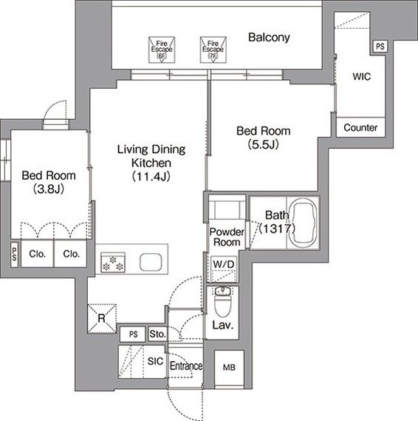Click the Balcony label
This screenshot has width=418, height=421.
[269, 37]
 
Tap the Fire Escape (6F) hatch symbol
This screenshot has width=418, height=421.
[162, 50]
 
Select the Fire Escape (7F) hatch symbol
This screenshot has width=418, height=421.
[213, 50]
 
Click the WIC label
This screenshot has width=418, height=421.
[361, 76]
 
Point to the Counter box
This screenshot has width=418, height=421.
[360, 127]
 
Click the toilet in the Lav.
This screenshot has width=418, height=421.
[222, 302]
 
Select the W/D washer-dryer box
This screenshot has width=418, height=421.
[224, 269]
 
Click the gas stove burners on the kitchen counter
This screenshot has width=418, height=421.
[113, 263]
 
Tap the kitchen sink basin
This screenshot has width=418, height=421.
[151, 262]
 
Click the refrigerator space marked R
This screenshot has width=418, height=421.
[102, 319]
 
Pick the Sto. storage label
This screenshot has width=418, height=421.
[157, 334]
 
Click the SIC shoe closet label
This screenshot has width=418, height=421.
[155, 361]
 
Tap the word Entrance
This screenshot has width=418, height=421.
[186, 366]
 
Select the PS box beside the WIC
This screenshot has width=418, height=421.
[380, 47]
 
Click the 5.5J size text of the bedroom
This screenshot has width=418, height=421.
[263, 145]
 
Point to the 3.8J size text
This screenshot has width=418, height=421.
[49, 189]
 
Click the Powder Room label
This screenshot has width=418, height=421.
[227, 237]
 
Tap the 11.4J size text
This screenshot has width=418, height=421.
[151, 176]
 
